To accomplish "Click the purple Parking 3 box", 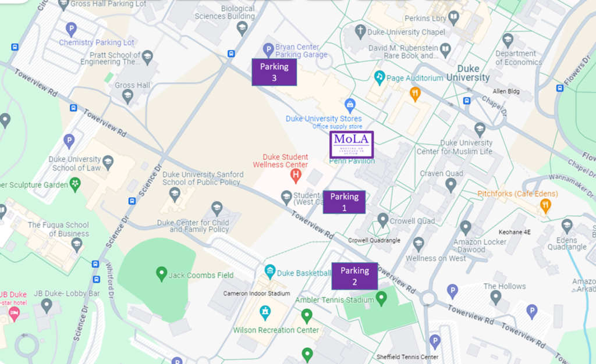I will (x=274, y=72).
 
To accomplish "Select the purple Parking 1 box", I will (x=344, y=202).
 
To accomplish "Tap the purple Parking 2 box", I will (x=354, y=276).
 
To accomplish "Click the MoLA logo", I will (x=352, y=144).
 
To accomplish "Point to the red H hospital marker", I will (x=296, y=174).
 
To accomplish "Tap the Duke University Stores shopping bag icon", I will (x=350, y=105).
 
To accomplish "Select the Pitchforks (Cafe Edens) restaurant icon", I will (x=545, y=205).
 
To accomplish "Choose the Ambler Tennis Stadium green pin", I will (x=381, y=299).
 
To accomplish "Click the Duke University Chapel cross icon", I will (x=360, y=30).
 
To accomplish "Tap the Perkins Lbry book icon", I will (x=453, y=17).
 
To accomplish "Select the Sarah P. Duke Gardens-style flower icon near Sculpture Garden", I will (x=75, y=184).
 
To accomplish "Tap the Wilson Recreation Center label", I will (x=276, y=330).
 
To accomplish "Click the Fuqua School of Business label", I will (x=58, y=229).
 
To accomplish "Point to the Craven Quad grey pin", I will (x=450, y=185).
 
